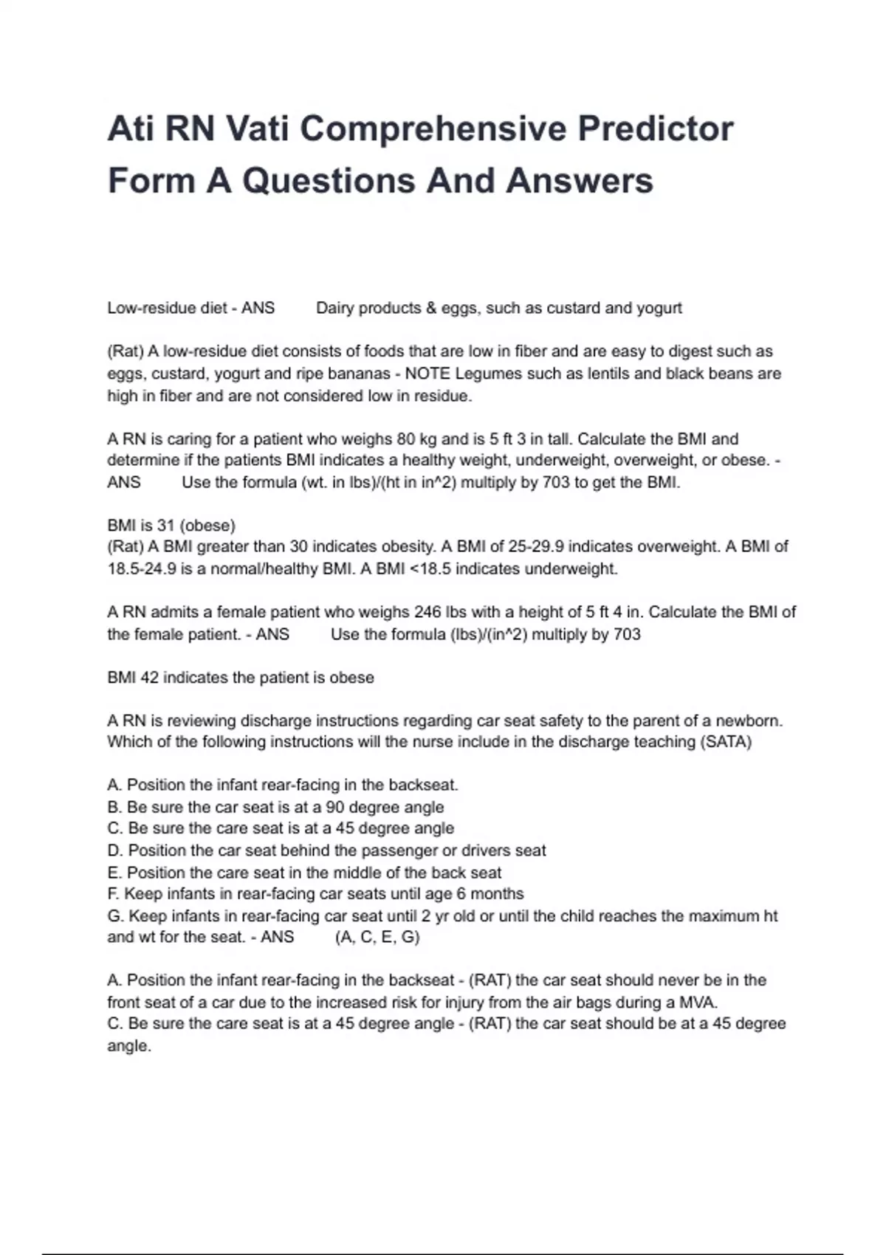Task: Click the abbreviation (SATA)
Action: click(x=725, y=742)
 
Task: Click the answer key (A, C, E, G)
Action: click(x=377, y=938)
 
